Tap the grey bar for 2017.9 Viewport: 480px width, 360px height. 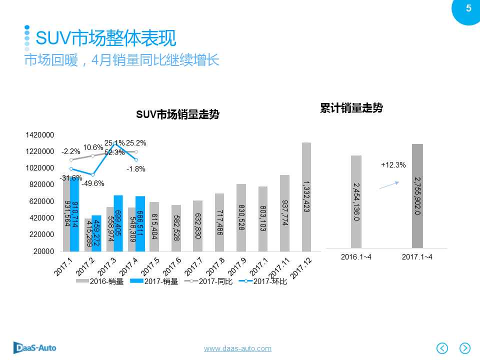pos(241,217)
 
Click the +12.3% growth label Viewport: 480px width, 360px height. pos(393,164)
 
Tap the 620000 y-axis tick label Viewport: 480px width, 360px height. pos(41,201)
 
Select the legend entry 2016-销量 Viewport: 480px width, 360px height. pos(100,281)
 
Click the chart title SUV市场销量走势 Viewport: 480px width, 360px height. pos(178,115)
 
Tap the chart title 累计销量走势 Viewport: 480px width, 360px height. pos(351,108)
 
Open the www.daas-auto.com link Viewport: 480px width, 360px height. pos(237,348)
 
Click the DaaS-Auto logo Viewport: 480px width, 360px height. pos(34,347)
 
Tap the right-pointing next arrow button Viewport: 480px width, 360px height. pos(465,348)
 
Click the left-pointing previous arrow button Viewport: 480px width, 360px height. pos(442,348)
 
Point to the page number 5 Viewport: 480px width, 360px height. pos(468,8)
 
